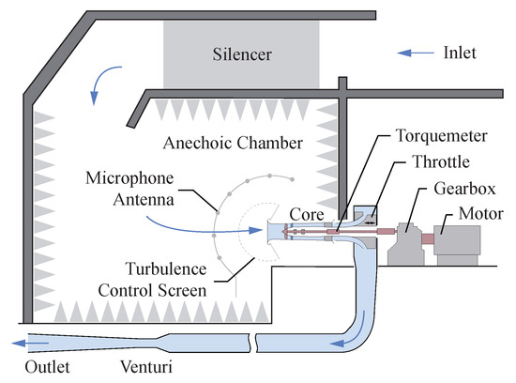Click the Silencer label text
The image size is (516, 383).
[x=242, y=54]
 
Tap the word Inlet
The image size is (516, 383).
[x=460, y=53]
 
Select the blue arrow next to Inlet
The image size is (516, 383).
[x=416, y=53]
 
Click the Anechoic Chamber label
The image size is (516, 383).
[x=233, y=143]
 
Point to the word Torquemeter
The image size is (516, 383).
[x=441, y=136]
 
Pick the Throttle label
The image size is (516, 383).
[x=441, y=161]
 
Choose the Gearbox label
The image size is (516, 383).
[x=464, y=189]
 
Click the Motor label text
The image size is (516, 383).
[x=480, y=214]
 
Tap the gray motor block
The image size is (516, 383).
[x=457, y=244]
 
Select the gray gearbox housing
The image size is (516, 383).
[x=405, y=244]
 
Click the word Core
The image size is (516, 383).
[x=307, y=215]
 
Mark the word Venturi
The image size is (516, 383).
[x=146, y=366]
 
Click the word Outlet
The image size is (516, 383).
[x=48, y=367]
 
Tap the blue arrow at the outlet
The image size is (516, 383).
[x=30, y=344]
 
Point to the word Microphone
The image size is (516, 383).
[x=129, y=178]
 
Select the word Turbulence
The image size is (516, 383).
[x=166, y=268]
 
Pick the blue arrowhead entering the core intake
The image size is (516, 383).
[x=255, y=230]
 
